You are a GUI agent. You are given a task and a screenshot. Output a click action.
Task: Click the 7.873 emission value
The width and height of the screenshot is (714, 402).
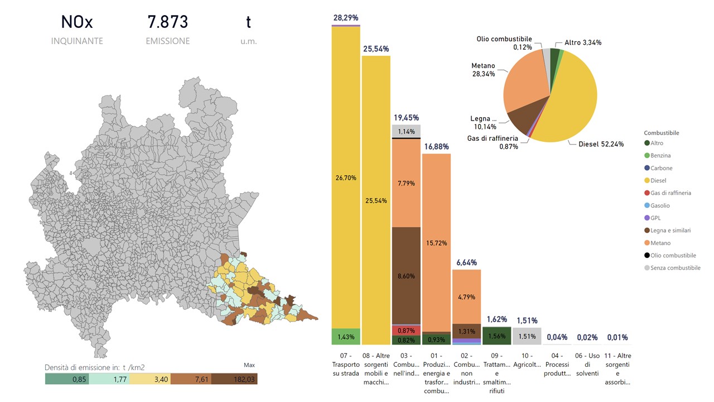(x=167, y=22)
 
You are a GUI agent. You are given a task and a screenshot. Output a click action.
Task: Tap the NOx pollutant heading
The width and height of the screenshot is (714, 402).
(x=77, y=22)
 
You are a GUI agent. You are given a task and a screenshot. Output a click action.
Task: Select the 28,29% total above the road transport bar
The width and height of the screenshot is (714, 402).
(x=345, y=18)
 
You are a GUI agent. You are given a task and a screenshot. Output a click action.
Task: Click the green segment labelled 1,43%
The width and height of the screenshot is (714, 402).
(x=345, y=337)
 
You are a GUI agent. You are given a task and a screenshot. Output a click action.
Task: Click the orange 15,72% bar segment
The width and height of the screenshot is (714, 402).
(x=436, y=243)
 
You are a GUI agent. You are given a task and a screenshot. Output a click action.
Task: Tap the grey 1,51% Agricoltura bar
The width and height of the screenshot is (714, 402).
(x=527, y=337)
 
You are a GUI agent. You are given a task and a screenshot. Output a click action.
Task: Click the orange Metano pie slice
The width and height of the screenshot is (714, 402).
(x=522, y=84)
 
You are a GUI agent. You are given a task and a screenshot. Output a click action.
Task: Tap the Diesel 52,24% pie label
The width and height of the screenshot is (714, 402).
(x=601, y=144)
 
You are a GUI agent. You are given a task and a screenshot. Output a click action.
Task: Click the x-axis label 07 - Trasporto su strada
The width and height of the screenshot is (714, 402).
(x=345, y=365)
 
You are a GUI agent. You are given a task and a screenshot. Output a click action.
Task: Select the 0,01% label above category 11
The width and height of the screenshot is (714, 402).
(x=617, y=337)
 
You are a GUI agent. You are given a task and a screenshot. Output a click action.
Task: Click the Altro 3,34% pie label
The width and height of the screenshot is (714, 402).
(x=582, y=43)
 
